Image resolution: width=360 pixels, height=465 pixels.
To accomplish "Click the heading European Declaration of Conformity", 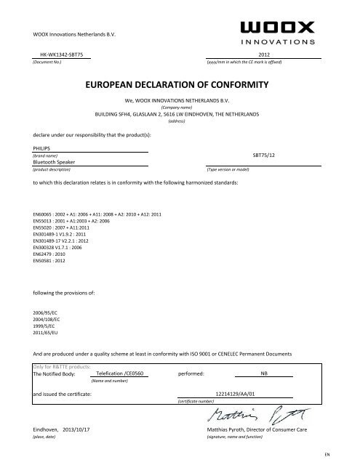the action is pyautogui.click(x=180, y=86).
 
